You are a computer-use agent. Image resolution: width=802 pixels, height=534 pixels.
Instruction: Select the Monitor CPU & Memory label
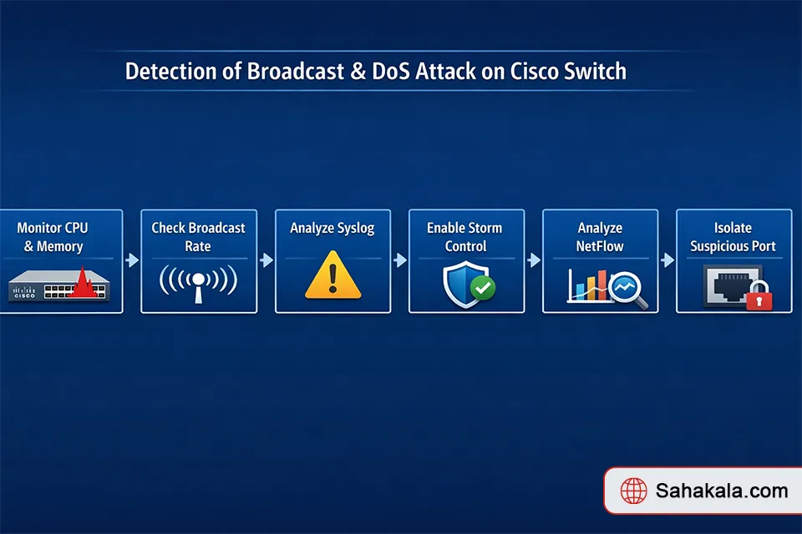coord(53,237)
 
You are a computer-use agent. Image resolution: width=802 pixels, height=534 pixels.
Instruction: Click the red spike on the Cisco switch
coord(82,284)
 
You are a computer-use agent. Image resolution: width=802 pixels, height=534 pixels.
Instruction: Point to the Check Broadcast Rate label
coord(198,237)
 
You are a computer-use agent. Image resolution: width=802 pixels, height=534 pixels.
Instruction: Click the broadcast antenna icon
coord(198,284)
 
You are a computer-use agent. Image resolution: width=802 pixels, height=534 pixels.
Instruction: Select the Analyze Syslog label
coord(332,228)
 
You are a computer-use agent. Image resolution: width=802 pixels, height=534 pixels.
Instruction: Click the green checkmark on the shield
coord(482,289)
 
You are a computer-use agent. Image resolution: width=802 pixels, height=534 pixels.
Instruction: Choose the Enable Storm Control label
coord(466,237)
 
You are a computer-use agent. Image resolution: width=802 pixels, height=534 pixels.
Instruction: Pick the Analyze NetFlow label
coord(600,237)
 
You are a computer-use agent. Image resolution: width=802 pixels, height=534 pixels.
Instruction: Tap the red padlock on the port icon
coord(759,297)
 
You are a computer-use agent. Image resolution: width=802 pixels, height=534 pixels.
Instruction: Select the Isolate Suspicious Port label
coord(733,237)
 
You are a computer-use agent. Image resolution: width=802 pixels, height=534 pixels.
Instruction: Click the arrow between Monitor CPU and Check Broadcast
coord(132,260)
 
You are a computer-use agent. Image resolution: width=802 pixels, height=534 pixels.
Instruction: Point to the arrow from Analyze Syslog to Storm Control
coord(400,260)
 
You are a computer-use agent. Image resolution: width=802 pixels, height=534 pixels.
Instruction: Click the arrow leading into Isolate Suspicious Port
coord(667,260)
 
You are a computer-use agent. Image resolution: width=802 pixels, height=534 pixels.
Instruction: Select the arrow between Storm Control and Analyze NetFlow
coord(534,260)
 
